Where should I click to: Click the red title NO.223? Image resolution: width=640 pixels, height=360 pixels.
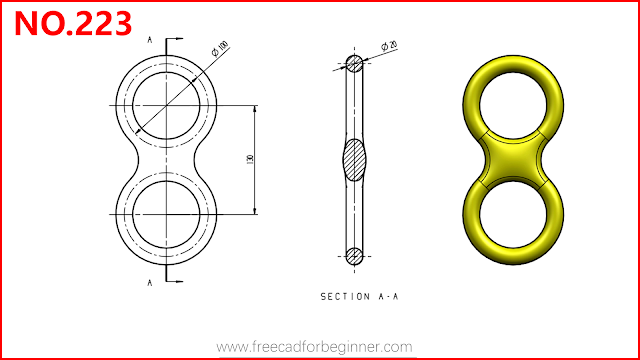click(73, 23)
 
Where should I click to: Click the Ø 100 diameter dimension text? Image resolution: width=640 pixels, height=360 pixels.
click(220, 49)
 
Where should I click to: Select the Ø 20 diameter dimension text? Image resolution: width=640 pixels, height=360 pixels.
click(389, 45)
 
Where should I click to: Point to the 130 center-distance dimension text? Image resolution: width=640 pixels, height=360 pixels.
click(250, 159)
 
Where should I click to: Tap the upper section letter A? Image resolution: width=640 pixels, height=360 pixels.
click(150, 40)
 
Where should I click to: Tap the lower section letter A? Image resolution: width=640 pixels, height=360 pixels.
click(150, 282)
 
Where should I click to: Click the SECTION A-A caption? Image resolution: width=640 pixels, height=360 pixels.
click(359, 297)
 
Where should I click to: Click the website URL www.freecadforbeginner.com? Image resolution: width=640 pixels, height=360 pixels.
click(314, 347)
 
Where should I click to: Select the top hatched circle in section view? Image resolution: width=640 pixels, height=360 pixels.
click(354, 64)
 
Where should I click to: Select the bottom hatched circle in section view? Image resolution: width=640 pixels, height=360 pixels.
click(354, 256)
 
